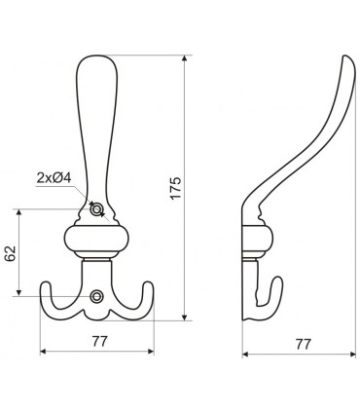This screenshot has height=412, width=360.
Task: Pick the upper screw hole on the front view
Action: click(x=95, y=209)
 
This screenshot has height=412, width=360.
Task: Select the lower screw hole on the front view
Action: click(x=95, y=296)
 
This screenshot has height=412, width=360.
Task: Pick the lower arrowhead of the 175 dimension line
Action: click(x=185, y=318)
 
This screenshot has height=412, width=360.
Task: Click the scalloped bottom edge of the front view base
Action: click(x=96, y=318)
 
